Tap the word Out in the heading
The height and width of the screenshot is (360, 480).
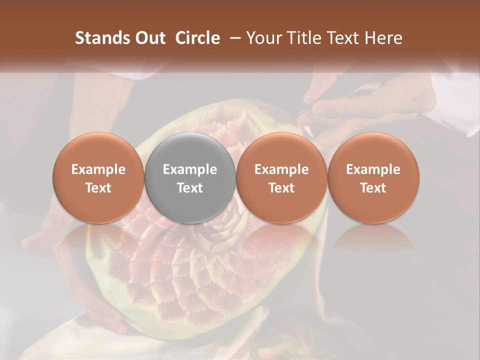(150, 38)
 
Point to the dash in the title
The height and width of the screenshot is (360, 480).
(233, 38)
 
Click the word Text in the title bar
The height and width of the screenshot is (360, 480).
(342, 38)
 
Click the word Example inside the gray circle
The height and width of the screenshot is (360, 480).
(190, 169)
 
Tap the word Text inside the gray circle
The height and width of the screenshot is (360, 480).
(190, 188)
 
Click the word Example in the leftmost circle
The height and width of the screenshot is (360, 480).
(98, 169)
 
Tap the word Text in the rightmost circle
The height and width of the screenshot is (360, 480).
(373, 188)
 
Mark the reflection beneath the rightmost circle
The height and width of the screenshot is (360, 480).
(373, 240)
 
